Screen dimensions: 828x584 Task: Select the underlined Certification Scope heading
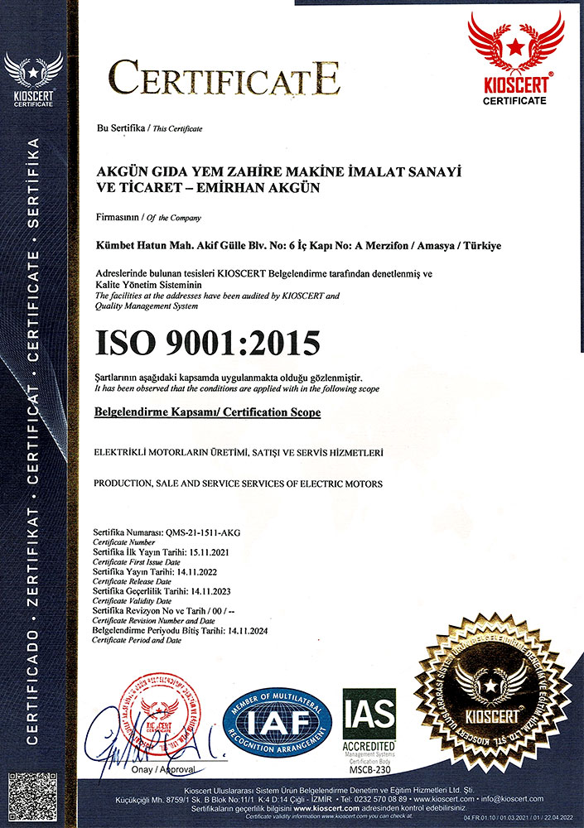click(207, 412)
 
